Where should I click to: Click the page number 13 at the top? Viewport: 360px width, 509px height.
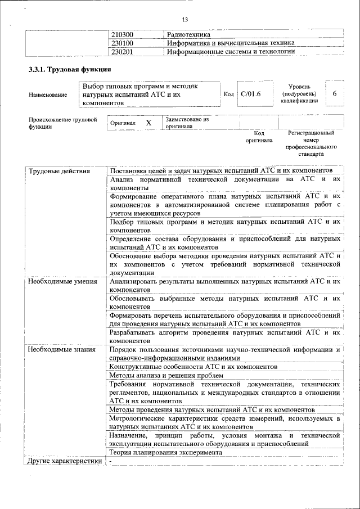184,19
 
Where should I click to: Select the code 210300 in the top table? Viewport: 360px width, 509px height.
122,35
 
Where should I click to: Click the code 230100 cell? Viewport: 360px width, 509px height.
122,43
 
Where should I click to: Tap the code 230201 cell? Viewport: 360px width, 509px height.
122,52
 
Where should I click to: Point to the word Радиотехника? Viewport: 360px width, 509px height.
188,35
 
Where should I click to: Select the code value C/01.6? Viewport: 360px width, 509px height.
250,94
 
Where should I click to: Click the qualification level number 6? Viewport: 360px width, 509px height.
335,94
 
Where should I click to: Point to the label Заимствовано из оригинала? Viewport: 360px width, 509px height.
187,123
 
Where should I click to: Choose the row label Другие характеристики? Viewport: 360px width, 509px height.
64,461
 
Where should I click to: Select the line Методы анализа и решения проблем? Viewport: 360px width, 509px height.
166,375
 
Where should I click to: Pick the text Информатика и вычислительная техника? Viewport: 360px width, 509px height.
231,43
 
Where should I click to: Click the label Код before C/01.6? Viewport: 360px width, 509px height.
228,94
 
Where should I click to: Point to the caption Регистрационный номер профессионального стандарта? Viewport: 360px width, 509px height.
311,143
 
